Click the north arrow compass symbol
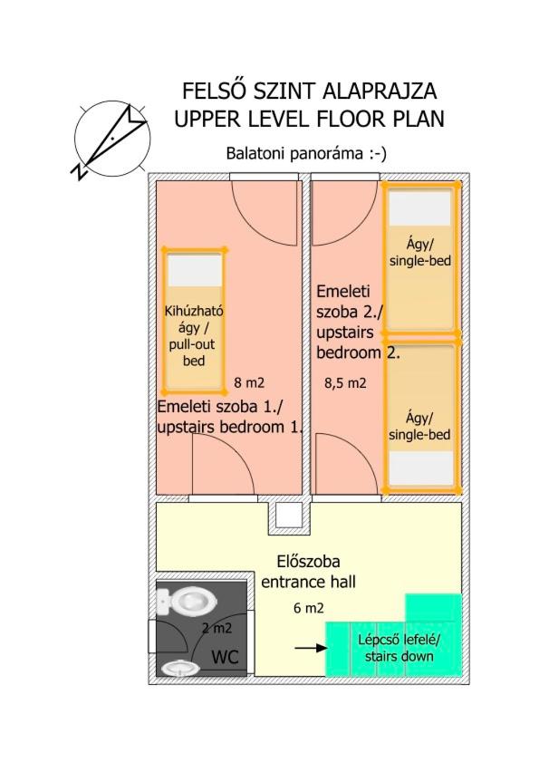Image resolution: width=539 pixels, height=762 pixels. pyautogui.click(x=111, y=139)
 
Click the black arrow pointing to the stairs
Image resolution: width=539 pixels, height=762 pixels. pyautogui.click(x=311, y=648)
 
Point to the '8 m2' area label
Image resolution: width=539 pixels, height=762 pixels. pyautogui.click(x=249, y=383)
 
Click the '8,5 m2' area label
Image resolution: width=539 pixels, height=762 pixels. pyautogui.click(x=345, y=383)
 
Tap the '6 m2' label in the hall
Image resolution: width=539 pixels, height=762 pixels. pyautogui.click(x=309, y=608)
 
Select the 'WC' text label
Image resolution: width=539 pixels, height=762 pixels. pyautogui.click(x=225, y=657)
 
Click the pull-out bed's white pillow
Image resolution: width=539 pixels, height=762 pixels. pyautogui.click(x=195, y=271)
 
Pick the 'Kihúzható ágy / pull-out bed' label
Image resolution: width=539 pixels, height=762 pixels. pyautogui.click(x=194, y=336)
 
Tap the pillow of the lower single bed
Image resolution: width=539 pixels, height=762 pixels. pyautogui.click(x=420, y=468)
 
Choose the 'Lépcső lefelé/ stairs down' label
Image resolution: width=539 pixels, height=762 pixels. pyautogui.click(x=399, y=648)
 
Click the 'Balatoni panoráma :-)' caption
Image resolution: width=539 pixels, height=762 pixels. pyautogui.click(x=306, y=153)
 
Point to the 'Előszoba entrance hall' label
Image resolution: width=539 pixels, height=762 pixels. pyautogui.click(x=309, y=572)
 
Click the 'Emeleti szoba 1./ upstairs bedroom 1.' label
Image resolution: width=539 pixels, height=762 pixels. pyautogui.click(x=229, y=417)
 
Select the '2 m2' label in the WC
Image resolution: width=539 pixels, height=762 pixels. pyautogui.click(x=217, y=629)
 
